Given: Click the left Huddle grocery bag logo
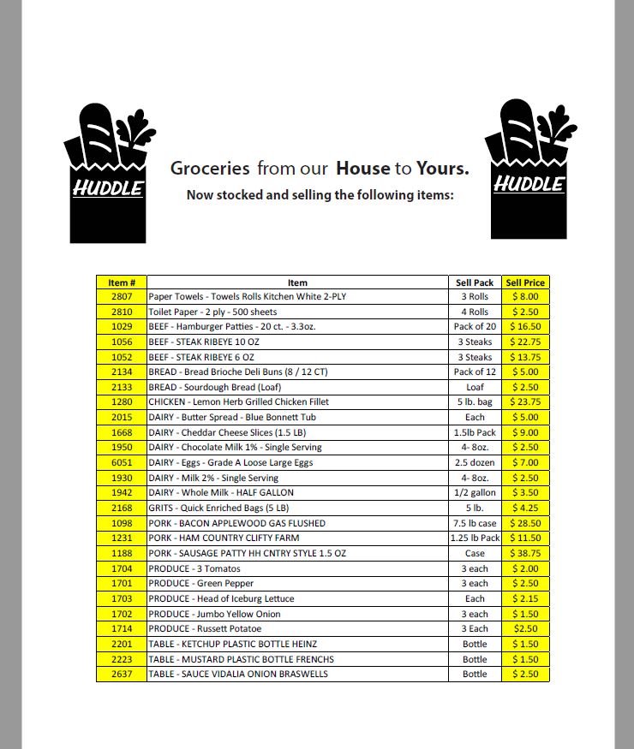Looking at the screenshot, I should click(x=108, y=173).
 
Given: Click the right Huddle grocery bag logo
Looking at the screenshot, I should click(x=529, y=169).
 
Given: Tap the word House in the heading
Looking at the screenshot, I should click(x=363, y=169).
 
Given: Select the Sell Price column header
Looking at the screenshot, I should click(x=525, y=282).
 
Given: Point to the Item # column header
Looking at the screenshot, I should click(x=122, y=282).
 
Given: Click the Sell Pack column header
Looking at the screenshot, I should click(x=475, y=282).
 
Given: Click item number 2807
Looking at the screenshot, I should click(x=122, y=297).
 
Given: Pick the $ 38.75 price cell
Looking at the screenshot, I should click(x=525, y=554).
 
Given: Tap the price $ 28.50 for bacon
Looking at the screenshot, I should click(x=525, y=523).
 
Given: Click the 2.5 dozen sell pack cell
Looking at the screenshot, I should click(x=475, y=462).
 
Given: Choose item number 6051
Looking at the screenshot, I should click(x=122, y=462).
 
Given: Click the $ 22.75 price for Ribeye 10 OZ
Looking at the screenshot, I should click(x=525, y=342).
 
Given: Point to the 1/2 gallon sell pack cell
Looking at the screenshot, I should click(x=475, y=493).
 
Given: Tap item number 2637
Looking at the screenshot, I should click(x=122, y=675).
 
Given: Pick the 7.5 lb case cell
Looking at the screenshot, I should click(x=475, y=523).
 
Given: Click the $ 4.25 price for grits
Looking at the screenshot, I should click(x=525, y=508).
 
